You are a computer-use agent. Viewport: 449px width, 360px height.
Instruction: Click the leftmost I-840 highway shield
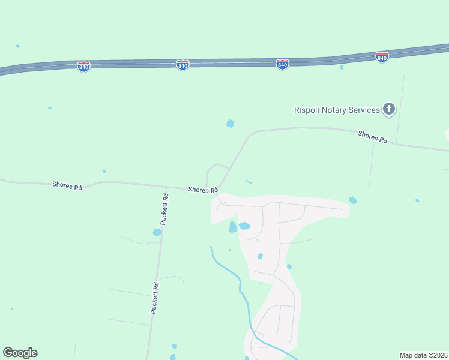point(84,66)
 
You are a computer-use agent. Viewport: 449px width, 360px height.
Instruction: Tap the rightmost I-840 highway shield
point(382,57)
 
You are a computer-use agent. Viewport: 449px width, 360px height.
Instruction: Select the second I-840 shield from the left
point(183,64)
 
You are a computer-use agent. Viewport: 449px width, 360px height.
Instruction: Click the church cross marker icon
point(389,109)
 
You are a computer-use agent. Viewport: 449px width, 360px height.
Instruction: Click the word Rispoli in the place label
point(307,110)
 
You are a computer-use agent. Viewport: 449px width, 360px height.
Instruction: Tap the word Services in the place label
point(364,110)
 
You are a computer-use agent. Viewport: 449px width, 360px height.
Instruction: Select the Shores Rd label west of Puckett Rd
point(67,187)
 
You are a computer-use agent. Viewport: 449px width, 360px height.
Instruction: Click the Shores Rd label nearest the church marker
point(373,137)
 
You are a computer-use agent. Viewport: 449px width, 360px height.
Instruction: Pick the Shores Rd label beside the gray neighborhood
point(202,190)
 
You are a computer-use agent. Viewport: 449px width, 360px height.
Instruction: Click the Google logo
point(20,353)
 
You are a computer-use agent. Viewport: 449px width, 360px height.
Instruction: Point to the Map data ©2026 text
point(423,355)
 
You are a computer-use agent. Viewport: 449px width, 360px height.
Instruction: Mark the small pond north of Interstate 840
point(18,46)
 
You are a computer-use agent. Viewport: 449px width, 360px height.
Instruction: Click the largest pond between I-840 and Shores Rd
point(230,124)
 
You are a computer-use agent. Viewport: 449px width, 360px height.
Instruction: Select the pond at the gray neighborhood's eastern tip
point(352,200)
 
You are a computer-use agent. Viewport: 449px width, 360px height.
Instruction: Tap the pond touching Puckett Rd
point(157,232)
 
